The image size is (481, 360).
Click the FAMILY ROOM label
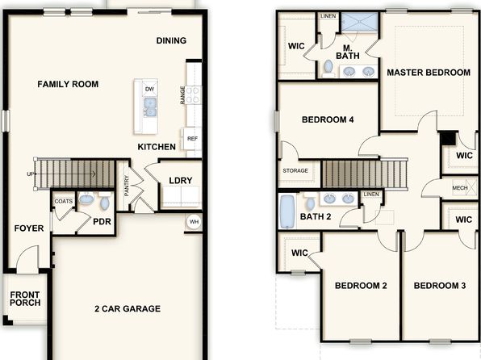(x=68, y=84)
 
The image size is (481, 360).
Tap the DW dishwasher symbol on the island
(x=149, y=89)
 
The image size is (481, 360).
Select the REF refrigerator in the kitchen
(x=192, y=138)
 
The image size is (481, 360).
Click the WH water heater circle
(x=194, y=222)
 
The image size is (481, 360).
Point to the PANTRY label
(x=127, y=186)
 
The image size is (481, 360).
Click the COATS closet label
(x=64, y=201)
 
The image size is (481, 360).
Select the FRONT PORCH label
(x=25, y=299)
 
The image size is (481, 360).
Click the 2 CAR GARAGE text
(x=128, y=308)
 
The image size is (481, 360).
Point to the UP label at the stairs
(x=31, y=174)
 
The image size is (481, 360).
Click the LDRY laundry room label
(x=181, y=181)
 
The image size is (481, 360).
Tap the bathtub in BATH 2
(x=287, y=211)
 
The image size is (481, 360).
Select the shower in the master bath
(x=359, y=22)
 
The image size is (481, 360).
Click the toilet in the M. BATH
(x=328, y=69)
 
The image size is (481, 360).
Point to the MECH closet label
(x=460, y=188)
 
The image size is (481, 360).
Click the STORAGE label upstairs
(x=295, y=170)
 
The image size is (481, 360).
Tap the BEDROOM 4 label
(x=328, y=119)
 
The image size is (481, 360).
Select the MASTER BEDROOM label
(x=429, y=73)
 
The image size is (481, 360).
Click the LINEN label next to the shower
(x=328, y=16)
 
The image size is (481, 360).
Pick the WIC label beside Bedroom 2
(x=299, y=253)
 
